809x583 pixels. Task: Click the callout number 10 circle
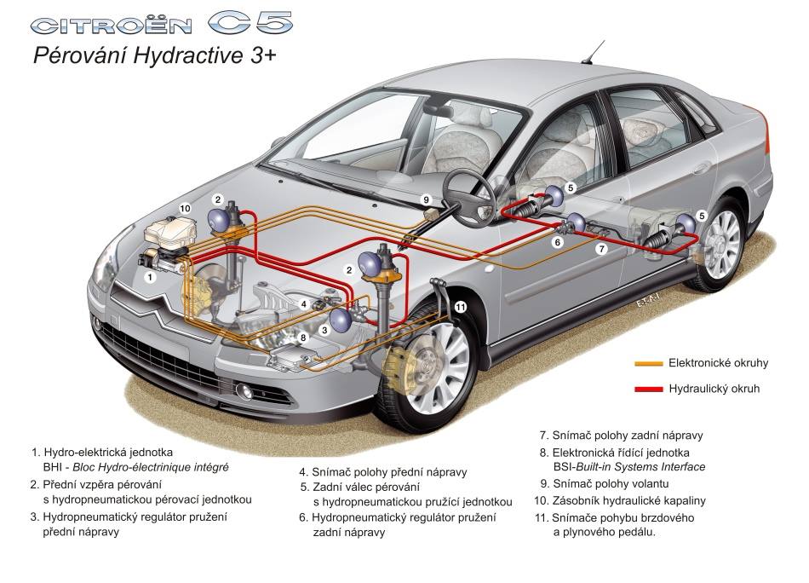point(185,208)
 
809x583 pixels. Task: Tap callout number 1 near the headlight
point(150,277)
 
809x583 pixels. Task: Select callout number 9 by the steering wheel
point(427,199)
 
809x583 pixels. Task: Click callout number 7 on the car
point(601,249)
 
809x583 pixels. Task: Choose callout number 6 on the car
point(558,242)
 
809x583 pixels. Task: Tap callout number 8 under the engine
point(302,338)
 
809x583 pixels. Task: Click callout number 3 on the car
point(323,329)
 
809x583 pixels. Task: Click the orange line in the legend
point(649,363)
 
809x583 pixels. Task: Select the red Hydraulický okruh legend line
point(649,390)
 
